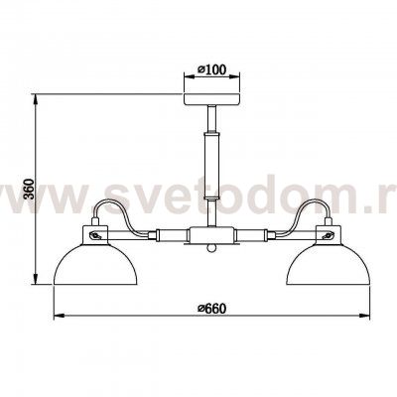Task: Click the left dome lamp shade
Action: [92, 262]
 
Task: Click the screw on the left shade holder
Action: [94, 236]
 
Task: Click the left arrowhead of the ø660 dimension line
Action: [53, 317]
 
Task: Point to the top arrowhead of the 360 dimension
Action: [36, 96]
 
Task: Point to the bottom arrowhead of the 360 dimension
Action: [36, 287]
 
